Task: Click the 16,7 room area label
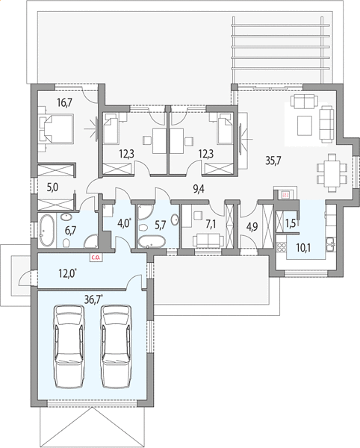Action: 64,102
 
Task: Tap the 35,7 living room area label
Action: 273,161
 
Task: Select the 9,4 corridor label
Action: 199,189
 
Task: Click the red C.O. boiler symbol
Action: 96,258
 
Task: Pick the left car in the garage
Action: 70,346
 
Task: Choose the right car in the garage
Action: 117,346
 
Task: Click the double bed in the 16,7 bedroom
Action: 56,128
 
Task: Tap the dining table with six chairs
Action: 332,173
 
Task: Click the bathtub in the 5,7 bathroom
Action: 152,242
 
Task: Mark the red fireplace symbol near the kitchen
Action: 285,195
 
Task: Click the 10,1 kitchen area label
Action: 303,248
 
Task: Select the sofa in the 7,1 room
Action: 208,240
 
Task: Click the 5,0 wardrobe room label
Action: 52,188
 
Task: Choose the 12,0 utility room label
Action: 67,273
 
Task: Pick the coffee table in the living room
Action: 305,125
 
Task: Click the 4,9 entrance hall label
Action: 252,227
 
